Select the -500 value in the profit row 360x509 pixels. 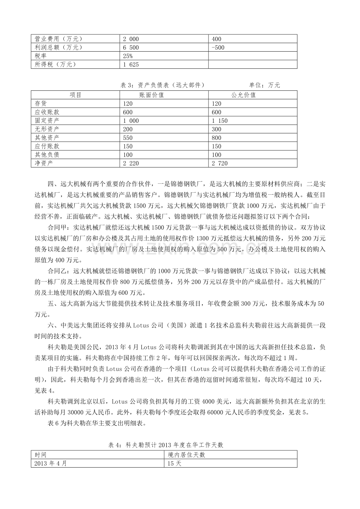pyautogui.click(x=218, y=47)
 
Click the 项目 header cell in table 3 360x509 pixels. pyautogui.click(x=76, y=95)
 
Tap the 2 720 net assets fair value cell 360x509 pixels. pyautogui.click(x=219, y=163)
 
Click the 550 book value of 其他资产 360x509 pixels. pyautogui.click(x=128, y=138)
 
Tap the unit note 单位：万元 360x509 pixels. pyautogui.click(x=265, y=85)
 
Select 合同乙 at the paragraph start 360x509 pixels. pyautogui.click(x=57, y=271)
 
